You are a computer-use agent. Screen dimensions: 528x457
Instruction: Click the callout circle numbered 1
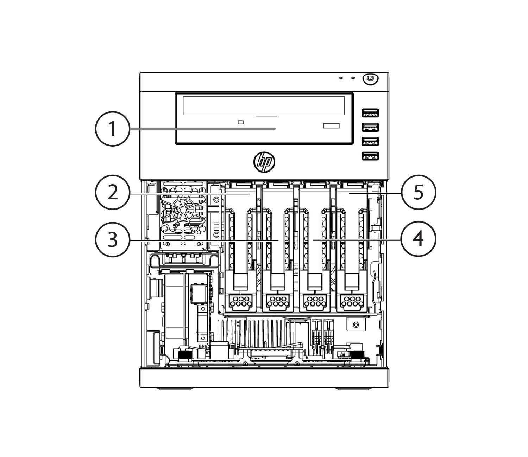(112, 129)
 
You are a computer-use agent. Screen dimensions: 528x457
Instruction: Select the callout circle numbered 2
(112, 192)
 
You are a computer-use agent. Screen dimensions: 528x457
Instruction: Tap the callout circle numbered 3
(112, 240)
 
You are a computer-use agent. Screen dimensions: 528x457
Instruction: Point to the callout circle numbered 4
(418, 239)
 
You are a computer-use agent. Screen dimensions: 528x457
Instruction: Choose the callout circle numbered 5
(418, 192)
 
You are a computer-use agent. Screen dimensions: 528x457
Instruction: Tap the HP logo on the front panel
(264, 161)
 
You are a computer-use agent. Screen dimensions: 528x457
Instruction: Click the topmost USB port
(370, 112)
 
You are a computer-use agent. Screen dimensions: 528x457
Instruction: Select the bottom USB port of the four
(370, 156)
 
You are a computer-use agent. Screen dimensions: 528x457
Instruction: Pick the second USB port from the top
(370, 127)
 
